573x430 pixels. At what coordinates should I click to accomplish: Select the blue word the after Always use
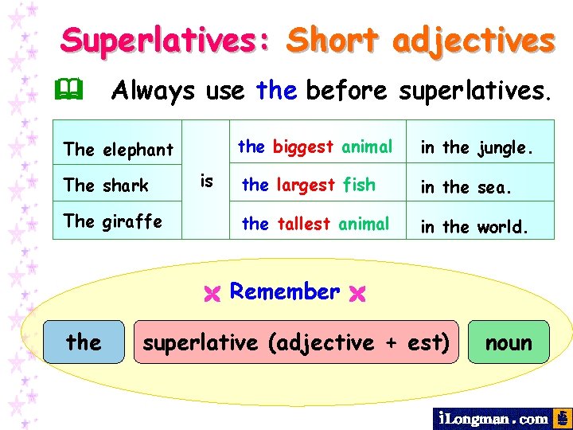click(x=276, y=91)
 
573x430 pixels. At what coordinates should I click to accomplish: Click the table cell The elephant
click(x=118, y=149)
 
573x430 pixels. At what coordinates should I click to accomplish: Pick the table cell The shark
click(x=106, y=186)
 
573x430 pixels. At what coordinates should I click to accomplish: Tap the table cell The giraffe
click(x=112, y=221)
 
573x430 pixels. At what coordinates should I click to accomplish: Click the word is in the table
click(x=206, y=182)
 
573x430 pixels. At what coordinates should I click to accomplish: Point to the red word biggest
click(x=303, y=147)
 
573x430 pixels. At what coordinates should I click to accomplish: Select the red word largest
click(x=306, y=185)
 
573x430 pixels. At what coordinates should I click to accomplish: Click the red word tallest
click(x=303, y=224)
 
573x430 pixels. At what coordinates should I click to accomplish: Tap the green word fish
click(x=359, y=185)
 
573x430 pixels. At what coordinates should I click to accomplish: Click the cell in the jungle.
click(x=474, y=147)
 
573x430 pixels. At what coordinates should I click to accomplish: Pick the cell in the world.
click(x=474, y=226)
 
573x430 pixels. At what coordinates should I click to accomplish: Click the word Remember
click(x=284, y=291)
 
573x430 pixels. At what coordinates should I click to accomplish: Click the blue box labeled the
click(x=84, y=342)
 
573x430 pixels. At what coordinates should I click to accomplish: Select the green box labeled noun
click(x=509, y=342)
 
